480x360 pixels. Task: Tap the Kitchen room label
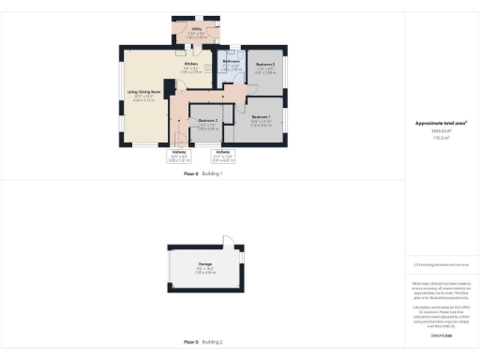pos(190,64)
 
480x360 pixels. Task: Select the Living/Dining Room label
pos(144,92)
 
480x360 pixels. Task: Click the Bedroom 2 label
pos(265,64)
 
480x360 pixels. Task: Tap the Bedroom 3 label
pos(207,122)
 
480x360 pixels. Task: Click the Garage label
pos(204,264)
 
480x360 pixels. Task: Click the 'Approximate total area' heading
pos(441,123)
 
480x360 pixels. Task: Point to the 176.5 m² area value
pos(441,136)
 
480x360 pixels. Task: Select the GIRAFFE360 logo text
pos(441,335)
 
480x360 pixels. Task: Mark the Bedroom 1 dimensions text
pos(262,123)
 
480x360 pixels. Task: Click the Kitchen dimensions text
pos(190,69)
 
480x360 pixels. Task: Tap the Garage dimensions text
pos(204,270)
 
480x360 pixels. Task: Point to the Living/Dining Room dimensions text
pos(144,97)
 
